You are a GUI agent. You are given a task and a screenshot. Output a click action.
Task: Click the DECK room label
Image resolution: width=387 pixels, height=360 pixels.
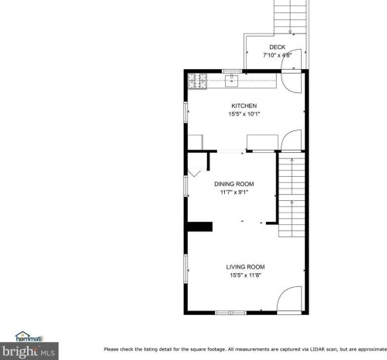point(277,47)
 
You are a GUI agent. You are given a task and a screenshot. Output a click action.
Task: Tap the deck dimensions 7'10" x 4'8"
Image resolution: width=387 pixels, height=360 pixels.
point(277,55)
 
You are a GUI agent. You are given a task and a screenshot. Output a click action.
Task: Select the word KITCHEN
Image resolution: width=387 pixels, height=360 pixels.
point(244,106)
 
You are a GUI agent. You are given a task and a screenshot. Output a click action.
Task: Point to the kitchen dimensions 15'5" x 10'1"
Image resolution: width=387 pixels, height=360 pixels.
point(244,114)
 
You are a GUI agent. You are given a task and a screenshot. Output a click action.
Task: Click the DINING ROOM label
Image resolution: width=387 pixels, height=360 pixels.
point(233,184)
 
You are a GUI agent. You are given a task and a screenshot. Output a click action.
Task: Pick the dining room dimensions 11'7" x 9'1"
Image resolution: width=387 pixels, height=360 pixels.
point(233,192)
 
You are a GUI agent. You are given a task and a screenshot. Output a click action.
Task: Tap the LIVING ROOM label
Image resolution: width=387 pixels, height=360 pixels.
point(245,267)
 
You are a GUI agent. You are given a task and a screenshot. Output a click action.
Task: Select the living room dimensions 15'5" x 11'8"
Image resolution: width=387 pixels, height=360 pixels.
point(245,275)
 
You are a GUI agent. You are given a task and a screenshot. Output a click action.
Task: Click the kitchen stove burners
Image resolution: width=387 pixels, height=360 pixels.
point(196,78)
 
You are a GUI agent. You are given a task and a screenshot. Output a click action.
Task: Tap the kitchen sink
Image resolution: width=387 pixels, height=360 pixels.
point(231,78)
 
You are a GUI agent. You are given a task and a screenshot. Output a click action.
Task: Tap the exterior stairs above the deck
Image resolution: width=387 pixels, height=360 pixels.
point(290,16)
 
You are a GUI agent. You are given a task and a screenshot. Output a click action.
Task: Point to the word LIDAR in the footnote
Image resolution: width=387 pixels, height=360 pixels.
point(292,348)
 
